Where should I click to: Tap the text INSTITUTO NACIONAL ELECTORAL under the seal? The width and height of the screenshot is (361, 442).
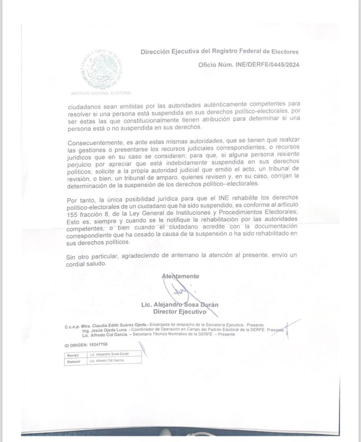pyautogui.click(x=101, y=93)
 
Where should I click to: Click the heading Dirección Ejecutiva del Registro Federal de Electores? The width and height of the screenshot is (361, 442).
pyautogui.click(x=219, y=52)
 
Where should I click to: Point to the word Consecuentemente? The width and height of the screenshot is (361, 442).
pyautogui.click(x=95, y=143)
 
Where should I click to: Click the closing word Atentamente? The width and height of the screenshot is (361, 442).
pyautogui.click(x=180, y=276)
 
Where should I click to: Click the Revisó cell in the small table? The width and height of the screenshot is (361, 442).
pyautogui.click(x=72, y=354)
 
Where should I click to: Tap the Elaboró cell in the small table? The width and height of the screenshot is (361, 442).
pyautogui.click(x=73, y=360)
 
